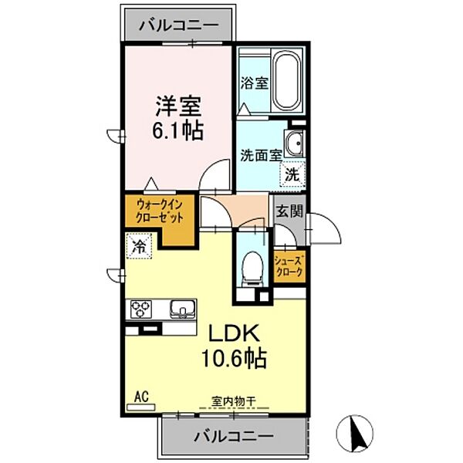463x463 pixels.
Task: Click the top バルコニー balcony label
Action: coord(178,25)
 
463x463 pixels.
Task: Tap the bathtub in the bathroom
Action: coord(288,80)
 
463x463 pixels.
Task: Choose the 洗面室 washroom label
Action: coord(259,154)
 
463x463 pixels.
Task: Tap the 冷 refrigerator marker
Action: coord(140,248)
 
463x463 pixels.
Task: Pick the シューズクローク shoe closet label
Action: coord(289,266)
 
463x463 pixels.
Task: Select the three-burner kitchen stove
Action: coord(143,310)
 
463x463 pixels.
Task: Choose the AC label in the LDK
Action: coord(141,397)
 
